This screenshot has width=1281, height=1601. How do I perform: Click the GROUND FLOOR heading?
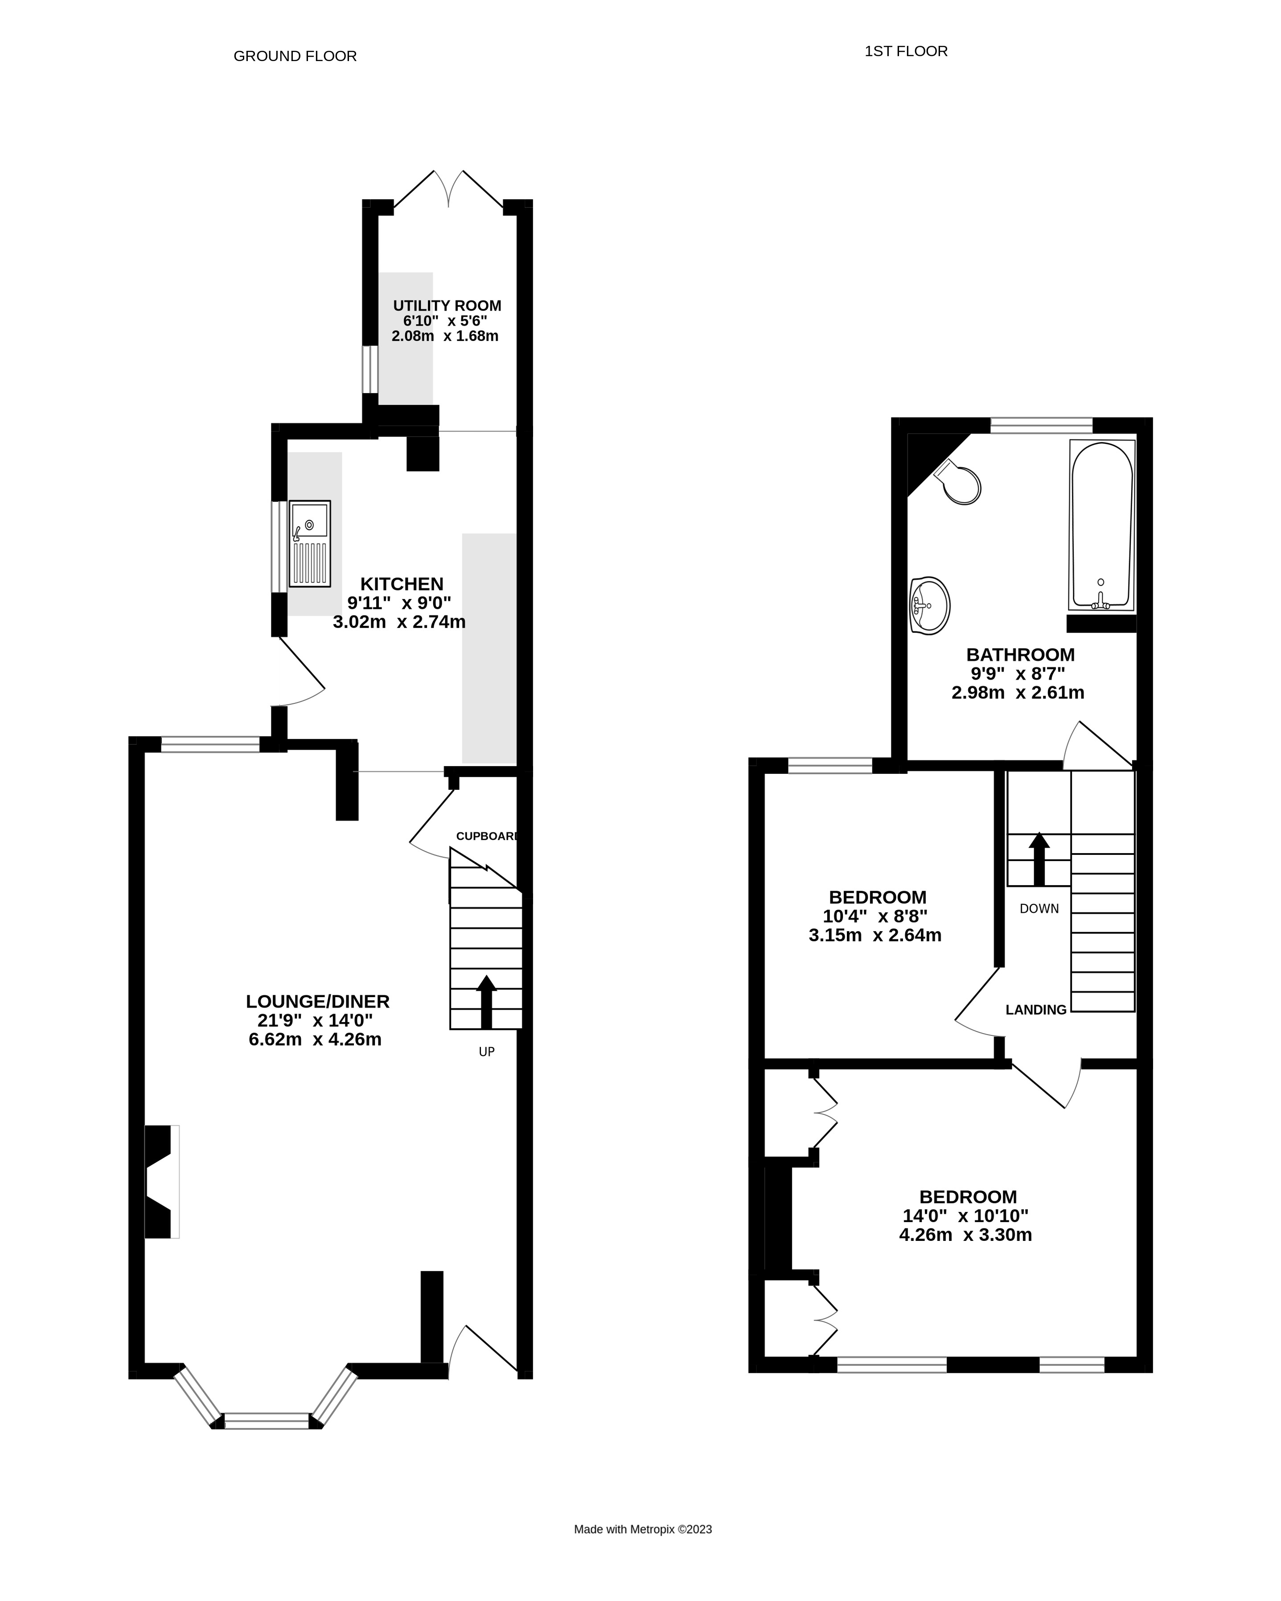coord(295,56)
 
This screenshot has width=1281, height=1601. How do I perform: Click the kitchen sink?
coord(310,544)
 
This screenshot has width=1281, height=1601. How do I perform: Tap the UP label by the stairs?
coord(486,1051)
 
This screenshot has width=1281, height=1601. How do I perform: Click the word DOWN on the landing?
coord(1039,908)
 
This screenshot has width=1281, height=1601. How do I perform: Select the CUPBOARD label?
coord(486,836)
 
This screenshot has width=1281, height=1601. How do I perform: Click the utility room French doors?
coord(448,189)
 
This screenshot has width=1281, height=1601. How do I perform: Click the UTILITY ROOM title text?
coord(447,305)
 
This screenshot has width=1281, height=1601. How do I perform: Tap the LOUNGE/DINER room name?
coord(318,1001)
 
